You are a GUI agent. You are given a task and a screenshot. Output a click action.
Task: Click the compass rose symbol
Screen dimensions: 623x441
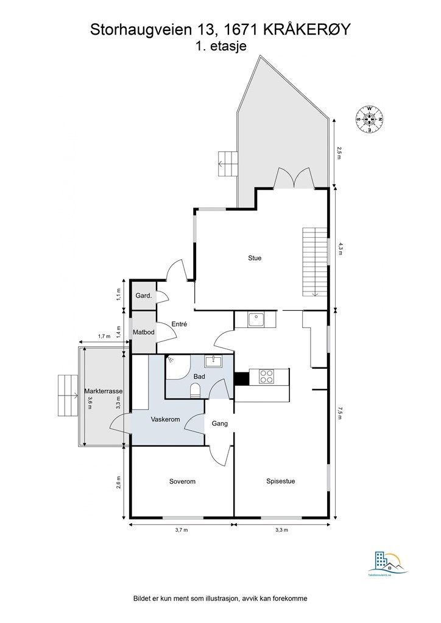tap(369, 119)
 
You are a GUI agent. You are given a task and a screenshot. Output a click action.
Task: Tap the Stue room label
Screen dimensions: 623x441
tap(255, 258)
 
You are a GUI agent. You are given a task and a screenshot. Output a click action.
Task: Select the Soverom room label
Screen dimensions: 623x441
tap(182, 481)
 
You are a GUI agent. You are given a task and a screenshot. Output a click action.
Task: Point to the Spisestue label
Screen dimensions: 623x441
tap(281, 481)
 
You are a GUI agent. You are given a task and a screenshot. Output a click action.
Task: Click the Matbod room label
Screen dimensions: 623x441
tap(144, 332)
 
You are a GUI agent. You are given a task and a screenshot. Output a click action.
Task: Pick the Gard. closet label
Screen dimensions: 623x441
tap(143, 296)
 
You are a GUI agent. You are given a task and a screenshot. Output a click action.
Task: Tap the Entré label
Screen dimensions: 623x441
tap(178, 324)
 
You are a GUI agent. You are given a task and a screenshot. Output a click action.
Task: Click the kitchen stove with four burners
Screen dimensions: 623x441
tap(267, 377)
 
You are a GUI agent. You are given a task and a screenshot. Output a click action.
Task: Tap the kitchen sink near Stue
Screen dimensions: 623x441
tap(256, 318)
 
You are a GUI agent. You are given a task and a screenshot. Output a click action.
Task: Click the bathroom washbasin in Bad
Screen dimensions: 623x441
tap(213, 362)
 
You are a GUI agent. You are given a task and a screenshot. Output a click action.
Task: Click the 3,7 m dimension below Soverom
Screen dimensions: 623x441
tap(181, 530)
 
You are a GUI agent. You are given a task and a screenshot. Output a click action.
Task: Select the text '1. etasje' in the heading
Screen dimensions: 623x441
tap(220, 46)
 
